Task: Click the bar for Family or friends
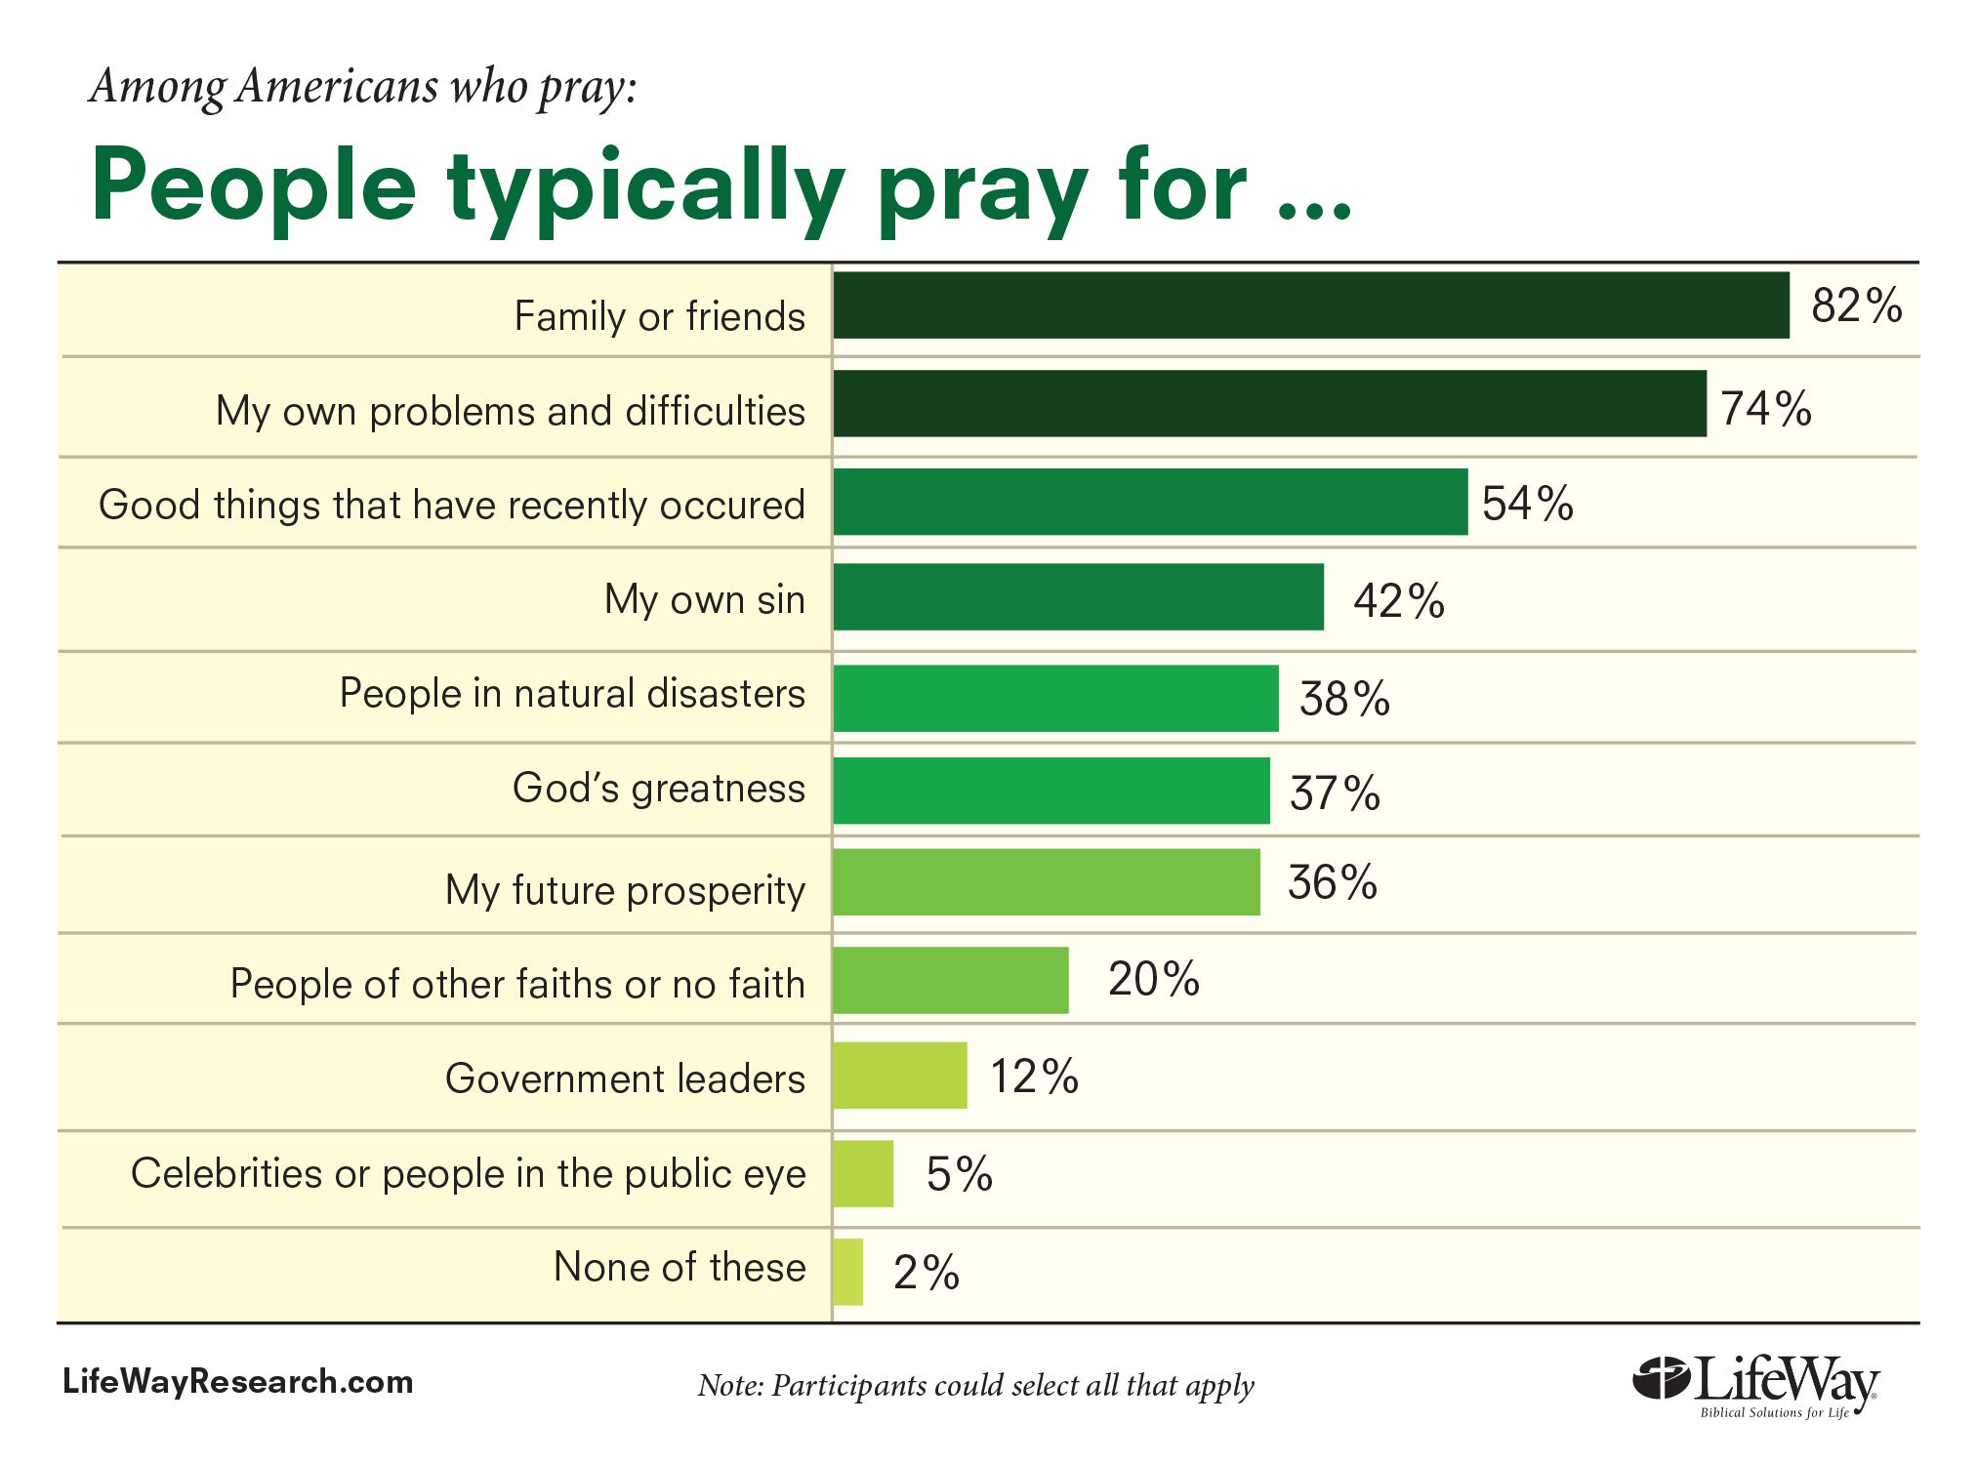click(x=1310, y=305)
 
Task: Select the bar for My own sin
click(x=1078, y=596)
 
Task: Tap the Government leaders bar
click(x=899, y=1076)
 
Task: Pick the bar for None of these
click(x=847, y=1272)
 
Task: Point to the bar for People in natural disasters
click(x=1055, y=698)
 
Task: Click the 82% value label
click(x=1856, y=305)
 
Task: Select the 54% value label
click(x=1527, y=504)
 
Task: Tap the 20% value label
click(x=1153, y=978)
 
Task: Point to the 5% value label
click(x=959, y=1173)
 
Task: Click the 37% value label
click(x=1335, y=793)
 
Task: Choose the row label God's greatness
click(x=659, y=789)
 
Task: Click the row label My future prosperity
click(x=625, y=890)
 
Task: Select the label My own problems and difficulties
click(x=511, y=411)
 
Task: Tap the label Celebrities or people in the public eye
click(x=469, y=1173)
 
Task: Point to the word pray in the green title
click(x=982, y=190)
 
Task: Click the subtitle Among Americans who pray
click(x=363, y=86)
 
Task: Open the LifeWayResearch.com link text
click(x=238, y=1382)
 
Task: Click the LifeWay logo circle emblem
click(x=1661, y=1378)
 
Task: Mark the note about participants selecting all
click(x=975, y=1386)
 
